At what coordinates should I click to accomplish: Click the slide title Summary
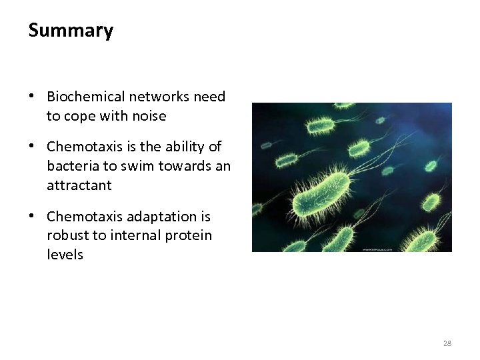coord(71,31)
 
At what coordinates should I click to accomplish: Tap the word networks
coord(158,97)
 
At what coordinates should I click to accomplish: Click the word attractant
coord(79,185)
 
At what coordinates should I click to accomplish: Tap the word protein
coord(190,235)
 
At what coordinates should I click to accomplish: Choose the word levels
coord(65,254)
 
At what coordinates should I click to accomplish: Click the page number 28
coord(447,343)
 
